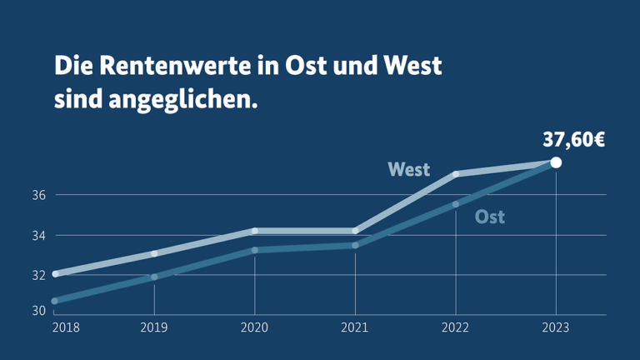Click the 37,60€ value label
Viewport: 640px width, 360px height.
pos(573,139)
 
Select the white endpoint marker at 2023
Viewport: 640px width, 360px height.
pos(556,162)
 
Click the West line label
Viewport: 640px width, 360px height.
pos(409,170)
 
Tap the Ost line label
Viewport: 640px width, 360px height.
pos(490,217)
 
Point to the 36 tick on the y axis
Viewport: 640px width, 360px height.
pos(39,195)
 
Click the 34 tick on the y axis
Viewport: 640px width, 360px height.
pos(39,235)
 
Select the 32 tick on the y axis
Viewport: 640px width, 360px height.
pos(39,275)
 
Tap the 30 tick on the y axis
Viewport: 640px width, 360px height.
pos(39,311)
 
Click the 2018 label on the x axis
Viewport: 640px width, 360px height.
pos(66,327)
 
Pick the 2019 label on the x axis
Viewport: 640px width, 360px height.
pos(154,327)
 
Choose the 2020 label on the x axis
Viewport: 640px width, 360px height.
pos(254,327)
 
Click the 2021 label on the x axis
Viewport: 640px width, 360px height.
pos(354,327)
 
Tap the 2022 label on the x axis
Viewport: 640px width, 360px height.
pos(455,327)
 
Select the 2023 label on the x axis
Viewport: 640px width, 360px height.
pos(556,327)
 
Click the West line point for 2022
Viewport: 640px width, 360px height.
pos(456,174)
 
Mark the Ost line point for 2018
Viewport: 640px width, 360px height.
pos(54,301)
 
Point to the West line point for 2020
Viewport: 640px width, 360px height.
pos(255,231)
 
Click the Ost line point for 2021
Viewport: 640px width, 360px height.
pos(355,245)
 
